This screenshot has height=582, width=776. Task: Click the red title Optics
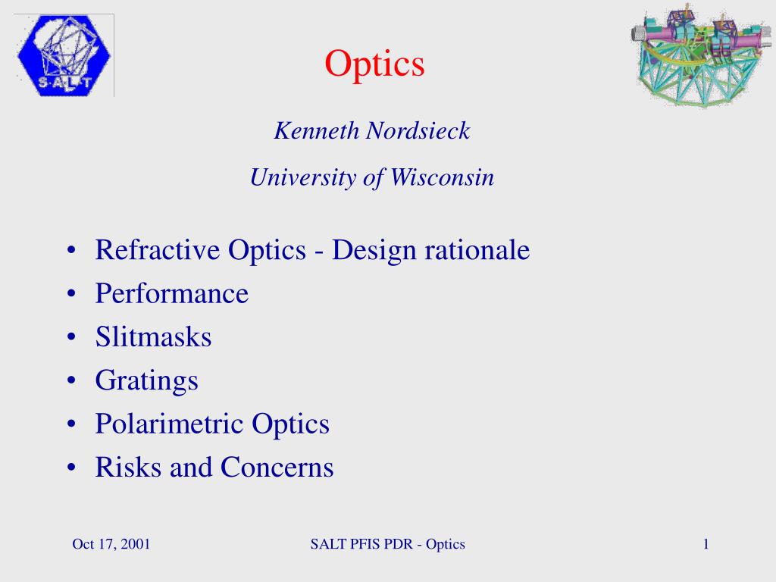tap(375, 64)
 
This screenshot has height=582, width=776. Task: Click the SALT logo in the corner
tap(63, 55)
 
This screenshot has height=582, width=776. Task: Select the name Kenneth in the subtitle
tap(317, 131)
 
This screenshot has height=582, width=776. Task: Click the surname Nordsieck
tap(418, 131)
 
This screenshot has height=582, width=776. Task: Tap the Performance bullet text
tap(172, 294)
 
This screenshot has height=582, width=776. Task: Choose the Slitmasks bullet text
tap(153, 337)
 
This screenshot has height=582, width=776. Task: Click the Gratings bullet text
tap(147, 380)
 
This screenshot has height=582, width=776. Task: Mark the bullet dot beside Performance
tap(70, 294)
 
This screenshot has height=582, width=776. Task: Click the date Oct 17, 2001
tap(111, 544)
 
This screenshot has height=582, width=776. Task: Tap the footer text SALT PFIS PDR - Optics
tap(387, 544)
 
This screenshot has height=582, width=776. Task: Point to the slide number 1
tap(706, 544)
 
